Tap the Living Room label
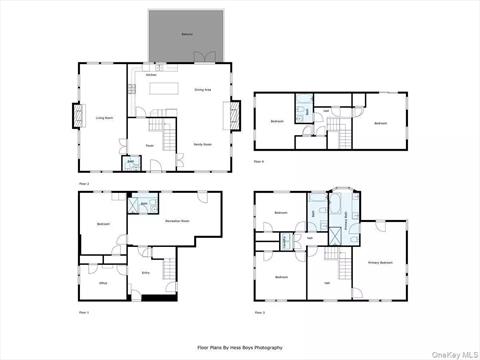coord(103,118)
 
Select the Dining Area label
coord(200,90)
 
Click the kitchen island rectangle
coord(162,89)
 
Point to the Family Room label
coord(202,144)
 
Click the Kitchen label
coord(150,75)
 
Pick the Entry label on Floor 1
coord(145,271)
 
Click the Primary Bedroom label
coord(380,262)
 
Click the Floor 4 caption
coord(259,161)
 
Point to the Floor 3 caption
coord(259,313)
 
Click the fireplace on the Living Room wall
coord(72,117)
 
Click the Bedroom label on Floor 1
coord(104,223)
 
